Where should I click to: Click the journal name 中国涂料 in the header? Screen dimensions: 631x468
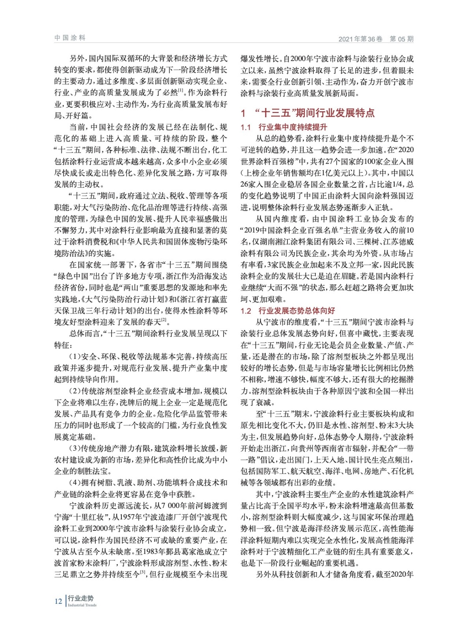(x=70, y=38)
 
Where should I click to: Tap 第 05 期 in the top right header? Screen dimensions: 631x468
(x=401, y=39)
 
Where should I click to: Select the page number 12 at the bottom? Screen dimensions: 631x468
(x=58, y=601)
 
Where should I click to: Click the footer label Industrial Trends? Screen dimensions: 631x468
(x=82, y=605)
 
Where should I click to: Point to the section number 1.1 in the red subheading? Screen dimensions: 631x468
(x=246, y=127)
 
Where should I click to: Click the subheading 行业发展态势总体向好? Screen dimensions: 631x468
(x=296, y=311)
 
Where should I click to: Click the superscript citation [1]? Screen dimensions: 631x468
(x=181, y=90)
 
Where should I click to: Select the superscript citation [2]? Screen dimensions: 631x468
(x=164, y=320)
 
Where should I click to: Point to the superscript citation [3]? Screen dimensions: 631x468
(x=142, y=572)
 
